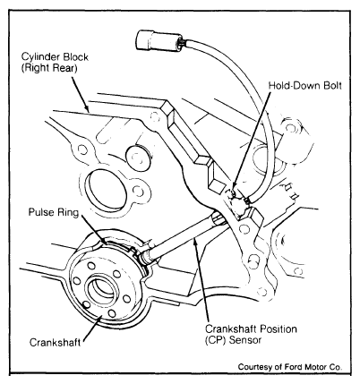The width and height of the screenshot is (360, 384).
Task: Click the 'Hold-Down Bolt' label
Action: [304, 86]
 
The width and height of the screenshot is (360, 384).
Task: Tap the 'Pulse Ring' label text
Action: [54, 212]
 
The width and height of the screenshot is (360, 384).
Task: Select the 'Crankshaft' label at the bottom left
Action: [55, 342]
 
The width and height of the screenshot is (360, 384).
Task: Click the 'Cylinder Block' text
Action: [55, 56]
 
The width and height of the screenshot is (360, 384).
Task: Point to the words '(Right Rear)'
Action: [49, 68]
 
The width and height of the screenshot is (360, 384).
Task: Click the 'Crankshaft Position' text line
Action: [251, 329]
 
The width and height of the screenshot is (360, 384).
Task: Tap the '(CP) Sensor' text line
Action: [233, 340]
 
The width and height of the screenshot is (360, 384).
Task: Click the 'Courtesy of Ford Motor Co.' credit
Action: [289, 367]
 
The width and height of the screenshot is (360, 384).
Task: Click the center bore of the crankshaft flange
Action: [101, 288]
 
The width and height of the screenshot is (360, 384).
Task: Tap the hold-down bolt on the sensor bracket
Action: [232, 194]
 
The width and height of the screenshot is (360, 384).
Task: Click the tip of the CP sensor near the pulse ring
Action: [145, 256]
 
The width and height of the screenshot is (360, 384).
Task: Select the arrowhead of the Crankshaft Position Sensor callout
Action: [195, 241]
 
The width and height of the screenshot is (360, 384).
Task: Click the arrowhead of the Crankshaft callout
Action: [101, 318]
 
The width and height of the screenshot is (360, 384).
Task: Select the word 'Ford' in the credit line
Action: [293, 367]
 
